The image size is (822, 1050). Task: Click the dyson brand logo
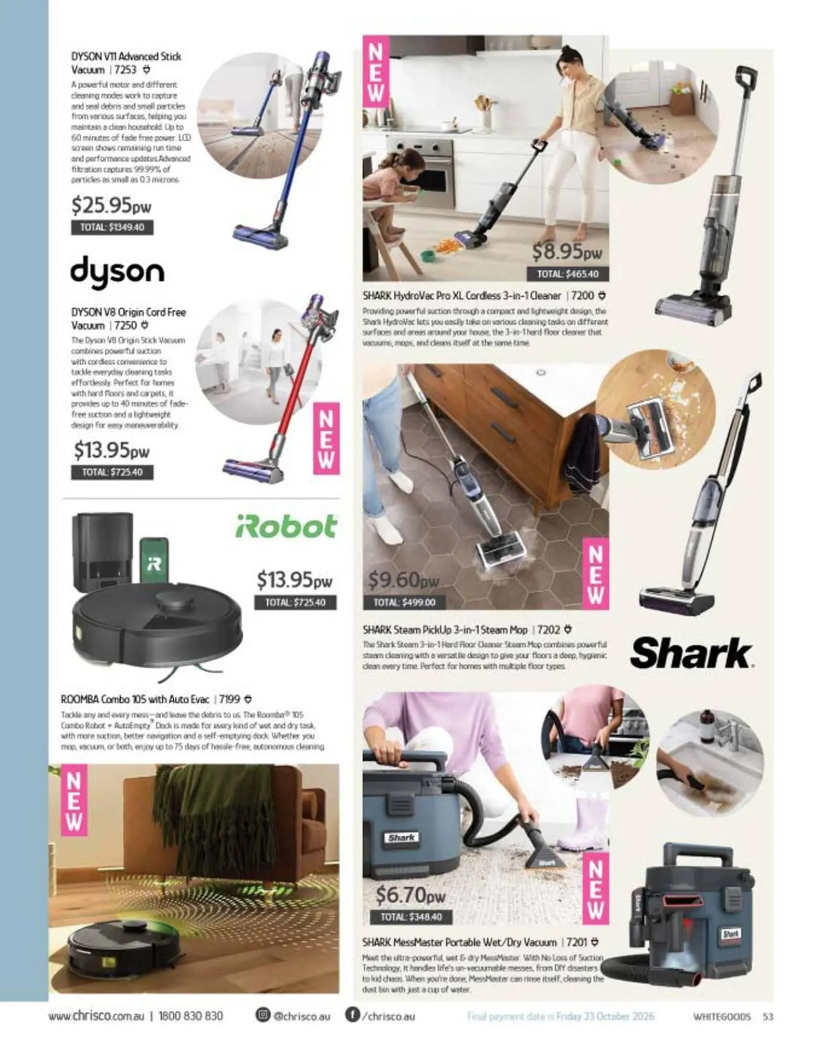pyautogui.click(x=117, y=272)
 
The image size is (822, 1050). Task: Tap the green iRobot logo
pyautogui.click(x=286, y=527)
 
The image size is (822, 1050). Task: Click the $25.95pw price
pyautogui.click(x=111, y=205)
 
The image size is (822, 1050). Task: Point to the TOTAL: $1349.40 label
pyautogui.click(x=112, y=227)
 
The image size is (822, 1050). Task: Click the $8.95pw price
pyautogui.click(x=566, y=252)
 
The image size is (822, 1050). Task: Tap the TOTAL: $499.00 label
pyautogui.click(x=404, y=602)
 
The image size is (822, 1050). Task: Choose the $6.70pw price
pyautogui.click(x=410, y=895)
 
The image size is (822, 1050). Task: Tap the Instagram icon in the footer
pyautogui.click(x=262, y=1015)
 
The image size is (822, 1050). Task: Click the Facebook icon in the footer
pyautogui.click(x=352, y=1015)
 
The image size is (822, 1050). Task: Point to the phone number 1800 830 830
pyautogui.click(x=191, y=1016)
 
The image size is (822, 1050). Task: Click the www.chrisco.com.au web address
pyautogui.click(x=96, y=1016)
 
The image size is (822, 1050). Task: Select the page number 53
pyautogui.click(x=768, y=1016)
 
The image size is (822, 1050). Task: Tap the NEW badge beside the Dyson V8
pyautogui.click(x=326, y=438)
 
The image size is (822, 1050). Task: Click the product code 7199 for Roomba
pyautogui.click(x=229, y=699)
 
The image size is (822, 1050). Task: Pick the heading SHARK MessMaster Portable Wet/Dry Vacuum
pyautogui.click(x=459, y=942)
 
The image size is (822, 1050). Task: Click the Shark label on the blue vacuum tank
pyautogui.click(x=402, y=837)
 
